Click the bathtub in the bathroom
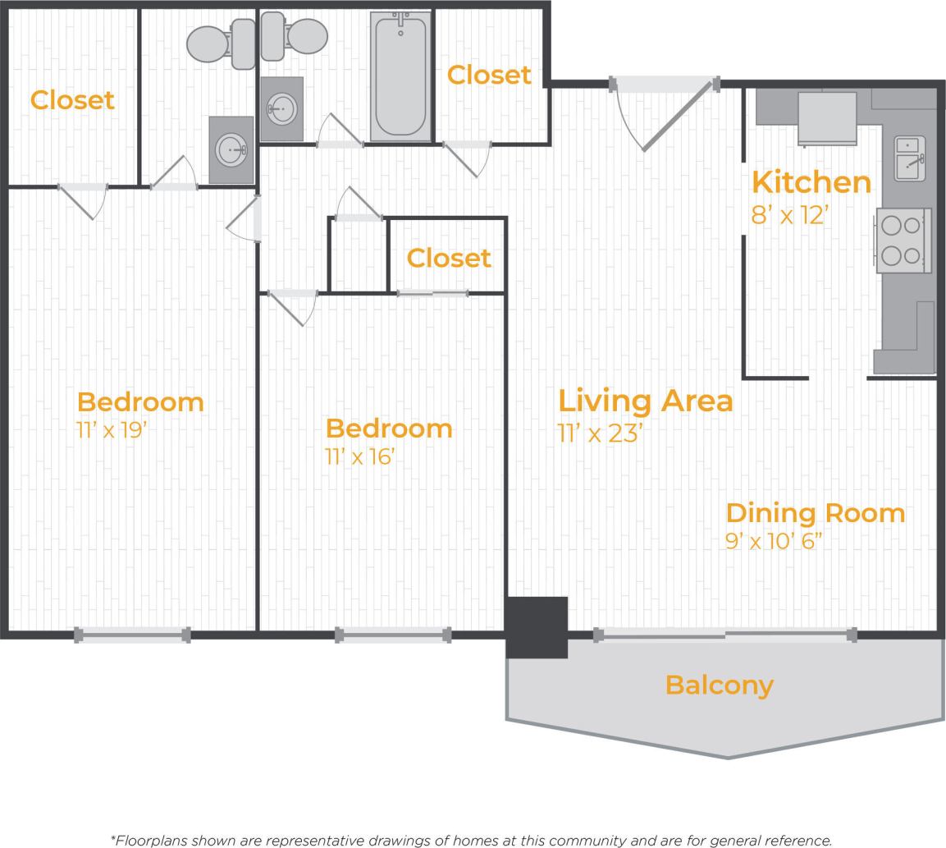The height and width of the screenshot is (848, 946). click(400, 76)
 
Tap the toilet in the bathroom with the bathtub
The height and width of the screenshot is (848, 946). click(296, 38)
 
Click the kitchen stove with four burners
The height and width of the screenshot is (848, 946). click(903, 240)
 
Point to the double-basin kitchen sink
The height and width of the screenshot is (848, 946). click(909, 158)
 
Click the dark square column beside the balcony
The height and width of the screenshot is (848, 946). click(537, 627)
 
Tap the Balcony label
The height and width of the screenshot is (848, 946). click(719, 685)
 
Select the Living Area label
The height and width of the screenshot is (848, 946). click(645, 401)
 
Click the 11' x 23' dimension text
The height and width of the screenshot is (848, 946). click(599, 433)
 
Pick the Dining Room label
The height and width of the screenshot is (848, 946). click(815, 513)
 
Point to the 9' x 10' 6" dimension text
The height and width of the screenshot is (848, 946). click(773, 542)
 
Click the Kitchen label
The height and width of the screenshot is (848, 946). click(811, 182)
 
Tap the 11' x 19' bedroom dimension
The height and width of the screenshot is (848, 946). click(111, 429)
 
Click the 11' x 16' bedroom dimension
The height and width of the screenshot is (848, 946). click(359, 456)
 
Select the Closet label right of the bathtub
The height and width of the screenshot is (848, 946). click(489, 75)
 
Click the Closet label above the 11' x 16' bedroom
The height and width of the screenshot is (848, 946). click(449, 258)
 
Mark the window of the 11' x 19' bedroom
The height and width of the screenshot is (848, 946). click(132, 634)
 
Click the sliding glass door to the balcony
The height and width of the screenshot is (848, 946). click(724, 634)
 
